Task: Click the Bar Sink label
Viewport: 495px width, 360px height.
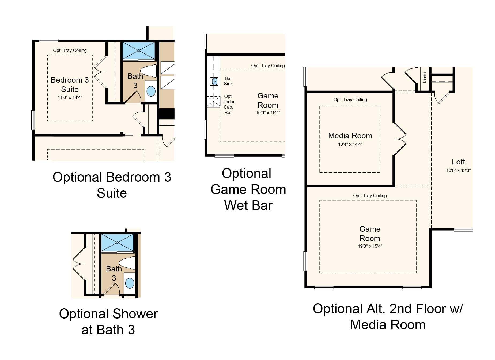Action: pyautogui.click(x=228, y=81)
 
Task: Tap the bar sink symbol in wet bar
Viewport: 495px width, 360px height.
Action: pyautogui.click(x=214, y=81)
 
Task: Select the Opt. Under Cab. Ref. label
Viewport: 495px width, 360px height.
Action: pyautogui.click(x=228, y=104)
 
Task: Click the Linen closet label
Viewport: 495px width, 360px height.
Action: pyautogui.click(x=424, y=77)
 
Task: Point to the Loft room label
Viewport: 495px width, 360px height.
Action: pyautogui.click(x=458, y=162)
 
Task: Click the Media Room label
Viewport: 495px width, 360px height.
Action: pyautogui.click(x=350, y=136)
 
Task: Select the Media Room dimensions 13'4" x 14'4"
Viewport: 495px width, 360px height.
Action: pyautogui.click(x=350, y=144)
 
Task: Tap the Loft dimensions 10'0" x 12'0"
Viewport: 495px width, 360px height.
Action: pyautogui.click(x=458, y=170)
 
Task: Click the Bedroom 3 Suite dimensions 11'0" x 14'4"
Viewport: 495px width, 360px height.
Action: pyautogui.click(x=70, y=97)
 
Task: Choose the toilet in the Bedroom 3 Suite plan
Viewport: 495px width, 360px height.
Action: pyautogui.click(x=148, y=71)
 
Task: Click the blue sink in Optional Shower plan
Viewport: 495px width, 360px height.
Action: pyautogui.click(x=130, y=283)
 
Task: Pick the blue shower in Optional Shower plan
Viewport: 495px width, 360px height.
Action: pyautogui.click(x=117, y=243)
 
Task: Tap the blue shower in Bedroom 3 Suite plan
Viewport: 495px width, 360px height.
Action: pyautogui.click(x=139, y=51)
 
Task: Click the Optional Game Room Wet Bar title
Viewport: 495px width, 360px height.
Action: pyautogui.click(x=248, y=189)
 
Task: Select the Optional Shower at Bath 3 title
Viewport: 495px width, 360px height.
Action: pyautogui.click(x=108, y=322)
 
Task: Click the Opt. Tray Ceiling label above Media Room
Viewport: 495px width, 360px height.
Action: pyautogui.click(x=350, y=99)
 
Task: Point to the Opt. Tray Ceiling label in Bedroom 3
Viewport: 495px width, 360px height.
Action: pyautogui.click(x=70, y=50)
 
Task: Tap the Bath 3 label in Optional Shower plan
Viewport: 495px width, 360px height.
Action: pyautogui.click(x=114, y=273)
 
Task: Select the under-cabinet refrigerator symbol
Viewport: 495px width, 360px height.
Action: pyautogui.click(x=214, y=102)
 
